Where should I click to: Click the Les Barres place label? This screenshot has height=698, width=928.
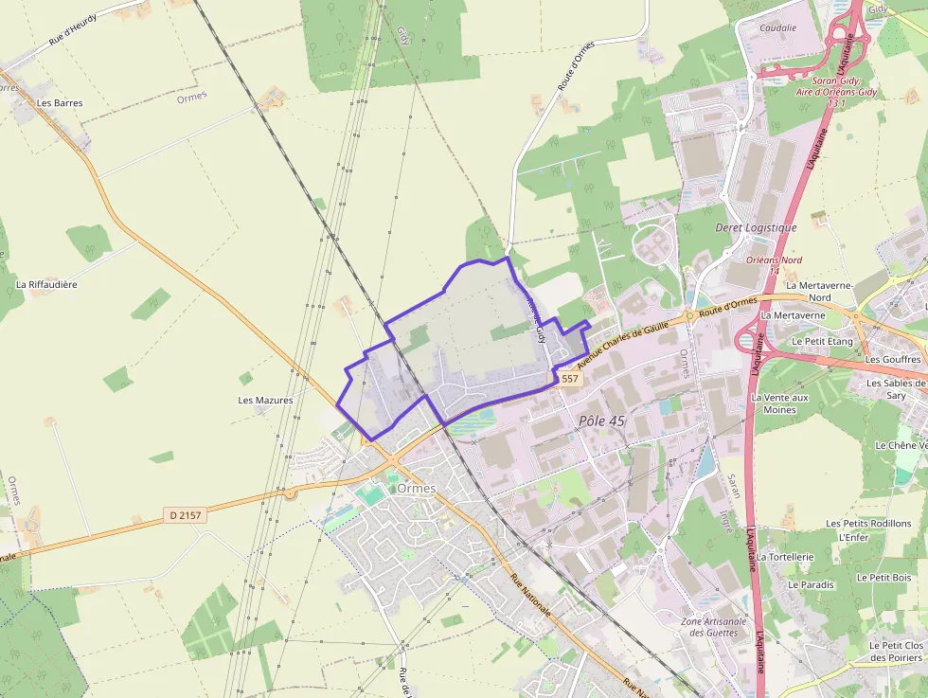point(59,102)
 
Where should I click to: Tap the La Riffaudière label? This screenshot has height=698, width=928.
point(46,284)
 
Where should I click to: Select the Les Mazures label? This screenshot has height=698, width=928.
point(265,400)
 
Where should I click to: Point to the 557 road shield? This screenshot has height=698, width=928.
point(569,378)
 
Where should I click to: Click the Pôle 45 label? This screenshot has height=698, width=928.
point(601,420)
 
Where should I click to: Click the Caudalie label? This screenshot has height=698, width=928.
point(777,28)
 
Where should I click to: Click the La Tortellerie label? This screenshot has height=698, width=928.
point(785,557)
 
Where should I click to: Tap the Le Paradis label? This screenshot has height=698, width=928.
point(811,584)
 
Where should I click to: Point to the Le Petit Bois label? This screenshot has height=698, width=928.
point(883,577)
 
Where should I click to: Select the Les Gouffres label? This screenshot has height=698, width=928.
point(893,359)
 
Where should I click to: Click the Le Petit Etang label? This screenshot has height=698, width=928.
point(822,341)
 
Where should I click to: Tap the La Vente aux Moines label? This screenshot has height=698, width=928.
point(779,403)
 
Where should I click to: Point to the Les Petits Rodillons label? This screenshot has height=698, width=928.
point(868,523)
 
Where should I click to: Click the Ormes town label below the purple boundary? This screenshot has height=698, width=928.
point(417,488)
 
